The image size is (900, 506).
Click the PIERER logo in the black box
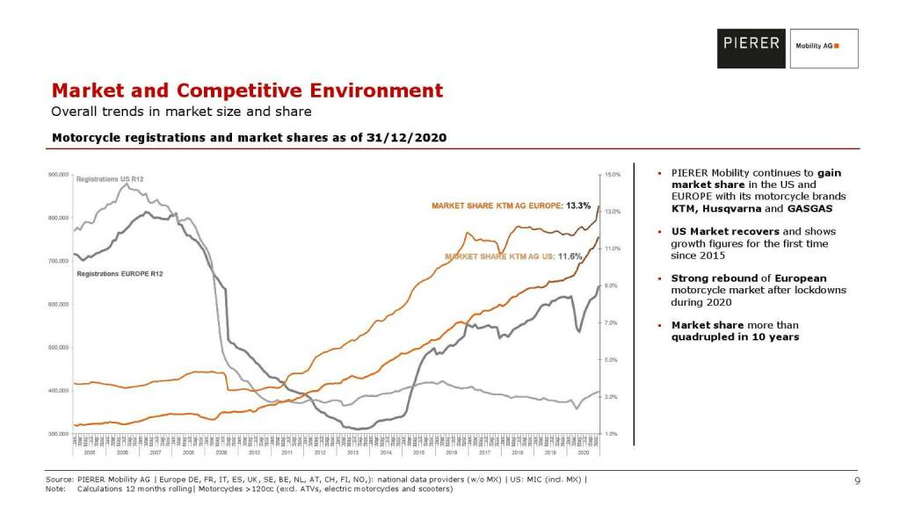751,42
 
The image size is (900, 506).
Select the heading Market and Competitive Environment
247,90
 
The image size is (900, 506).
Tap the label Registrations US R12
110,179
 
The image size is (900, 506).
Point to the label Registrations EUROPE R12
119,274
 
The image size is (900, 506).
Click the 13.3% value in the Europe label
577,206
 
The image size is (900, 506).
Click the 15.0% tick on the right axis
613,175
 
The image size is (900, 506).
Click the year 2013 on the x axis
352,452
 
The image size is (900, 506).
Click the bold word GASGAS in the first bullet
810,209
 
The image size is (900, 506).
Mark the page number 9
856,480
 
